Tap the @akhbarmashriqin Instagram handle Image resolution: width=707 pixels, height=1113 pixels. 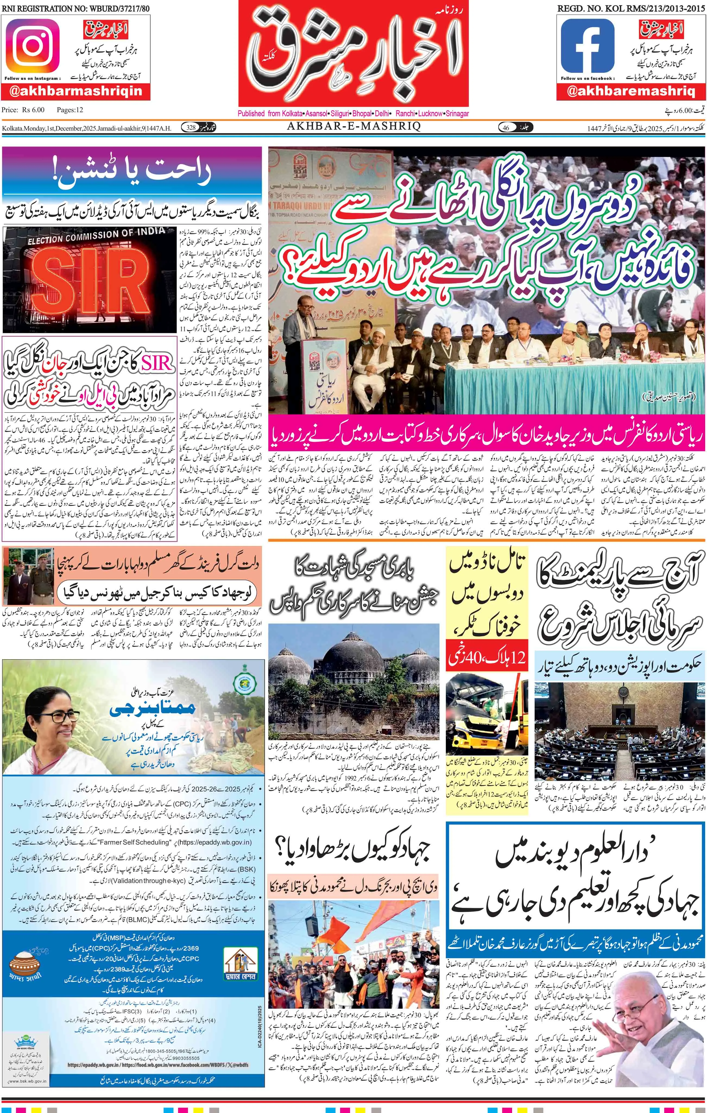pyautogui.click(x=76, y=91)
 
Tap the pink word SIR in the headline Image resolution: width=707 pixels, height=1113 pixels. pyautogui.click(x=157, y=364)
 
